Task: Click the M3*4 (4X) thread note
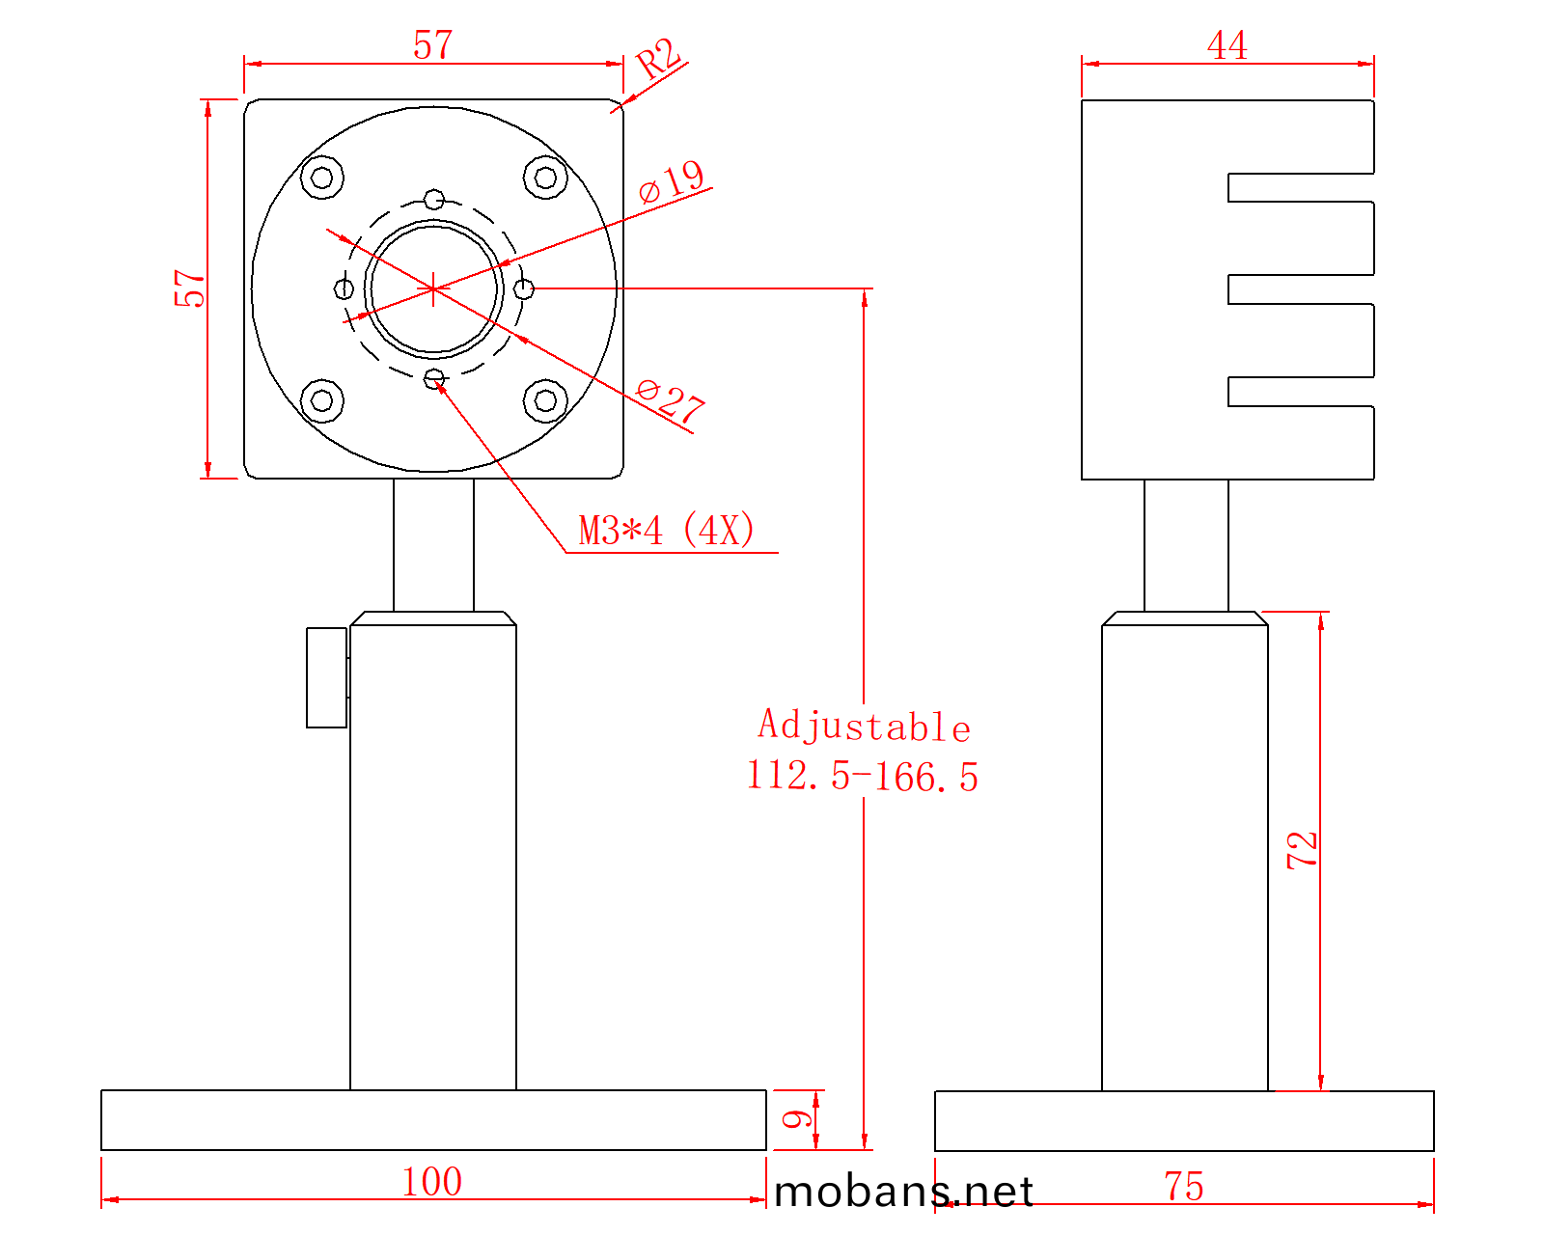666,531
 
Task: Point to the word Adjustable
864,726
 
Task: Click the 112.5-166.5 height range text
863,776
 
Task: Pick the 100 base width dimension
431,1181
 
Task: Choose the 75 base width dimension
1183,1186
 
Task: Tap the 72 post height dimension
1302,850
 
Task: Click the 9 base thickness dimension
797,1119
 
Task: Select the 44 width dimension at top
1227,45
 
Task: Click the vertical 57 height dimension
190,288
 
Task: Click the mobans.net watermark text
903,1193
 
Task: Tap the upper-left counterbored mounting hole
322,178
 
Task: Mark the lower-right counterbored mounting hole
545,400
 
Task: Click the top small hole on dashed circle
434,200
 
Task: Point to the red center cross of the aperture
434,288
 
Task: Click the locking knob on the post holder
326,677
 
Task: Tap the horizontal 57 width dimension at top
432,45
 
